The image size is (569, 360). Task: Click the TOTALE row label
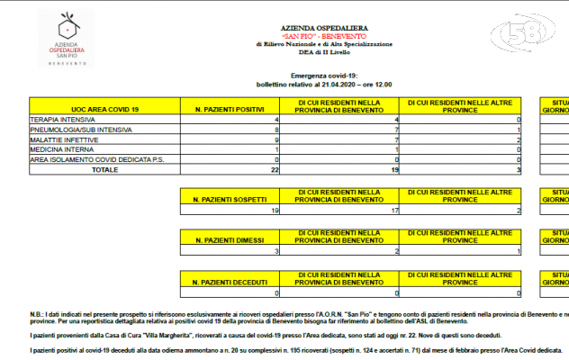104,169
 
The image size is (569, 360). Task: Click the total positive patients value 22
275,169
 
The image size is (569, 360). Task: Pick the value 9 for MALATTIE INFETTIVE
277,139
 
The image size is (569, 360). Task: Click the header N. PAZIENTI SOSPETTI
231,197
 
